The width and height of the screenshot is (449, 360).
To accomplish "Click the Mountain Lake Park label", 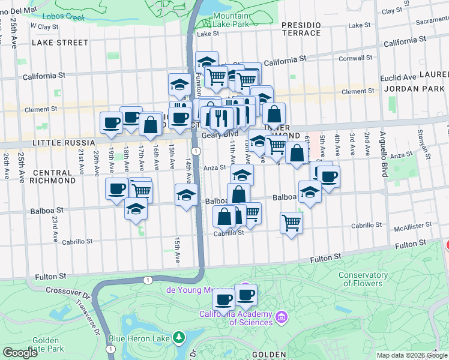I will [x=231, y=20].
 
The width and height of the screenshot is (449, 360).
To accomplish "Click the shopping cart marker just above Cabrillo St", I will [x=291, y=223].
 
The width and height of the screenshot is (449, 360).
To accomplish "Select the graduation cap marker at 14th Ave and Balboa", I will [x=186, y=194].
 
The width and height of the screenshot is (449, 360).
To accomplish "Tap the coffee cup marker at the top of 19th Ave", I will [x=111, y=122].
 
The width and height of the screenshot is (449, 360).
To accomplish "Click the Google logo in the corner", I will [x=19, y=353].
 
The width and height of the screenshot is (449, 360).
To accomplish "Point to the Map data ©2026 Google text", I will [x=411, y=355].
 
